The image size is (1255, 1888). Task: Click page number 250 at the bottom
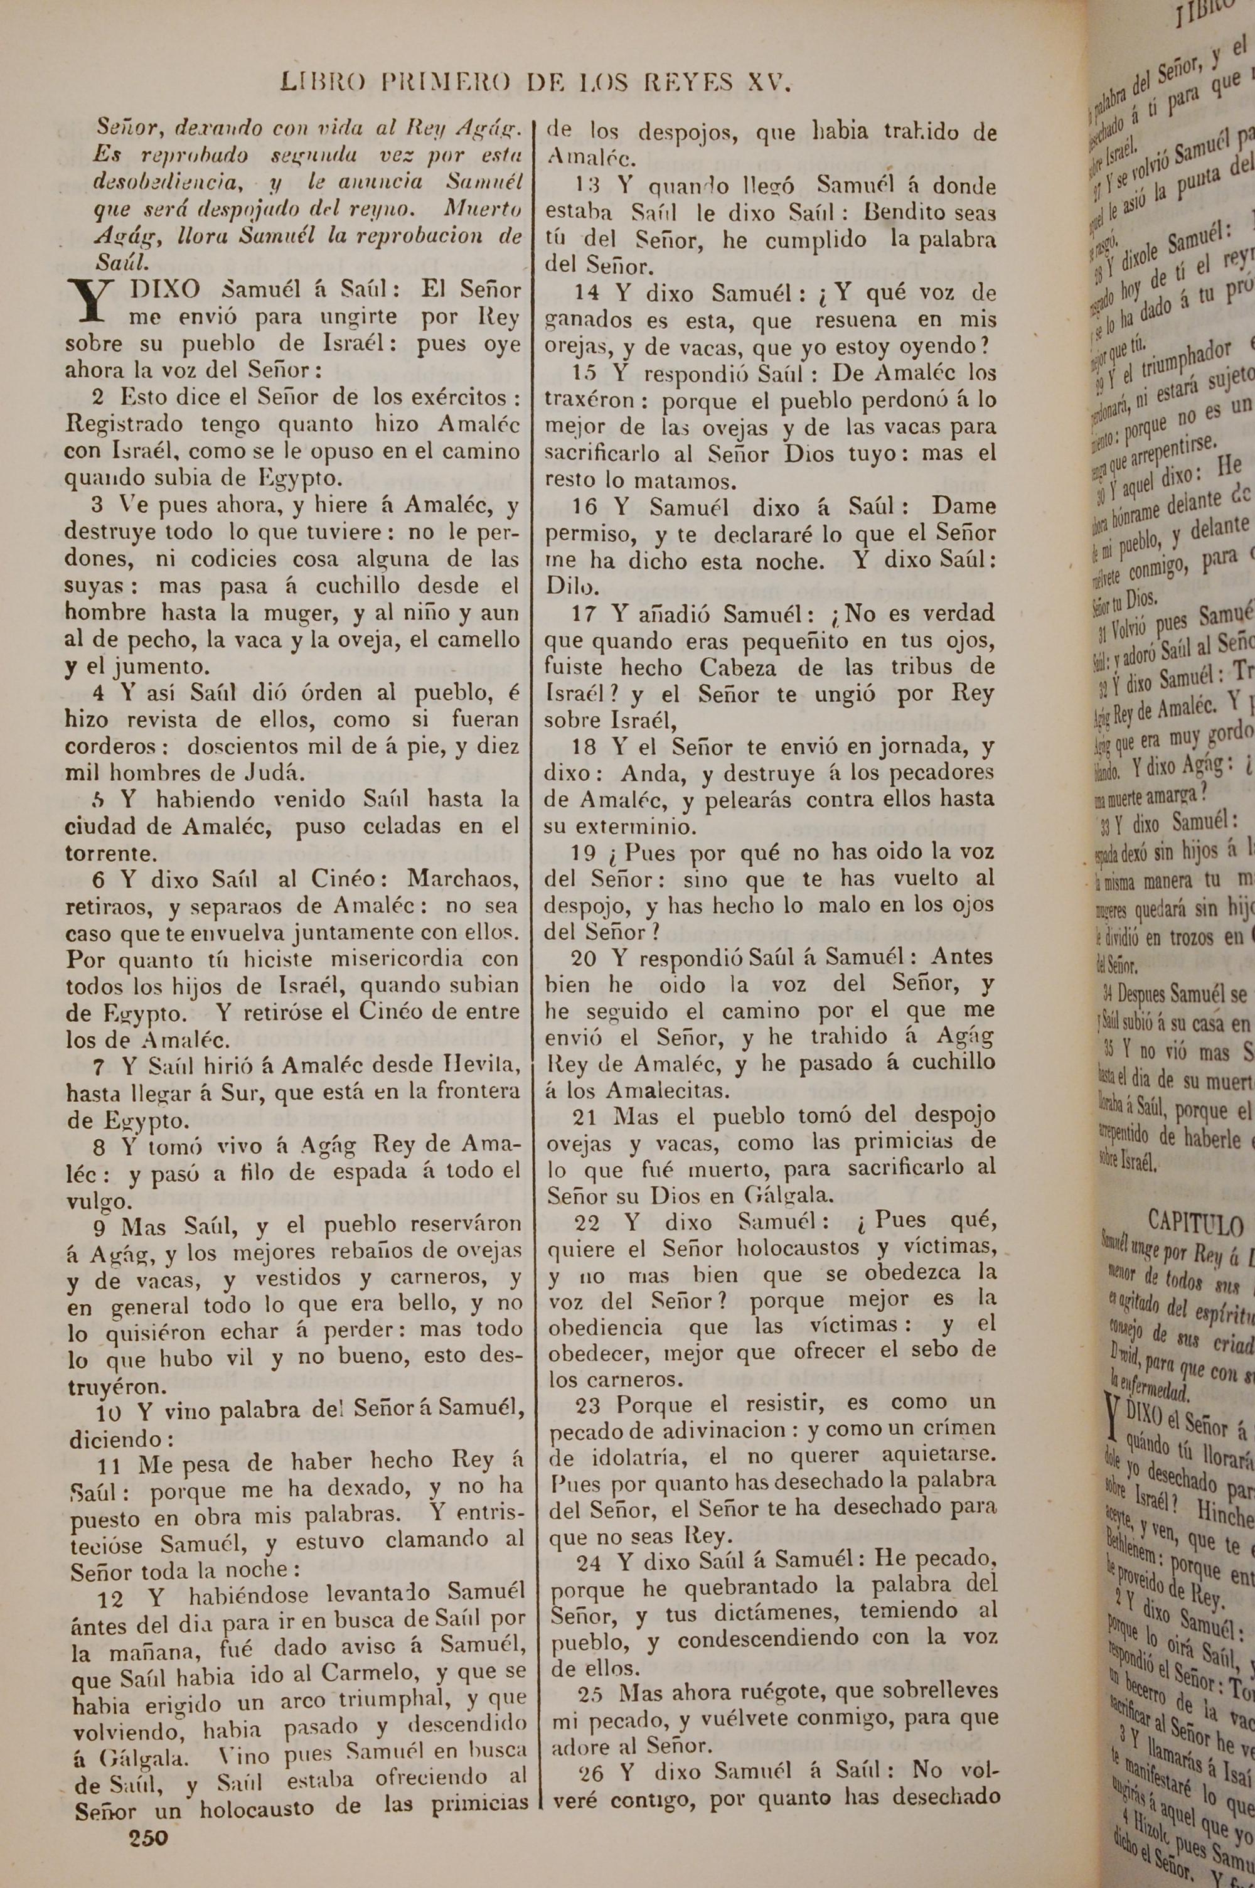point(148,1838)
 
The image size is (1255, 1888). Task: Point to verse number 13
point(587,186)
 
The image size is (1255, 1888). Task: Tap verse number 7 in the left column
point(99,1067)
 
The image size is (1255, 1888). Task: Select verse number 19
point(587,853)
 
